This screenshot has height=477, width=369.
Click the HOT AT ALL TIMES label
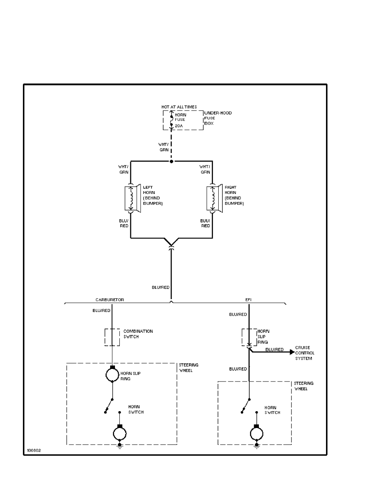pos(179,107)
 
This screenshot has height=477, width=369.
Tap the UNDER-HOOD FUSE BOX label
pos(218,118)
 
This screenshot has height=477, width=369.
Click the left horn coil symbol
pos(131,198)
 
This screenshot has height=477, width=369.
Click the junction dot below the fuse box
pos(172,161)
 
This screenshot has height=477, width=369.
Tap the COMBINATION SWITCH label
pos(138,334)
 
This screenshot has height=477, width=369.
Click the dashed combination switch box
pos(112,337)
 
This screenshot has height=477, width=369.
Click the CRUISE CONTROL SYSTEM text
pos(305,353)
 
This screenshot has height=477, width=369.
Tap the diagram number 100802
pos(33,450)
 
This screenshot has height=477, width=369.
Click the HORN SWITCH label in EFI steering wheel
pos(272,410)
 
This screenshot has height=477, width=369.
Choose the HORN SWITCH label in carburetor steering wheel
pos(135,410)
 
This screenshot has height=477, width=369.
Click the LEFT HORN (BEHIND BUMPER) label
pos(153,196)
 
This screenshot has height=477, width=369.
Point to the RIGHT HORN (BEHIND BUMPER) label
pos(234,196)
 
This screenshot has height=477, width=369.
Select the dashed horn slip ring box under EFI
pos(249,337)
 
